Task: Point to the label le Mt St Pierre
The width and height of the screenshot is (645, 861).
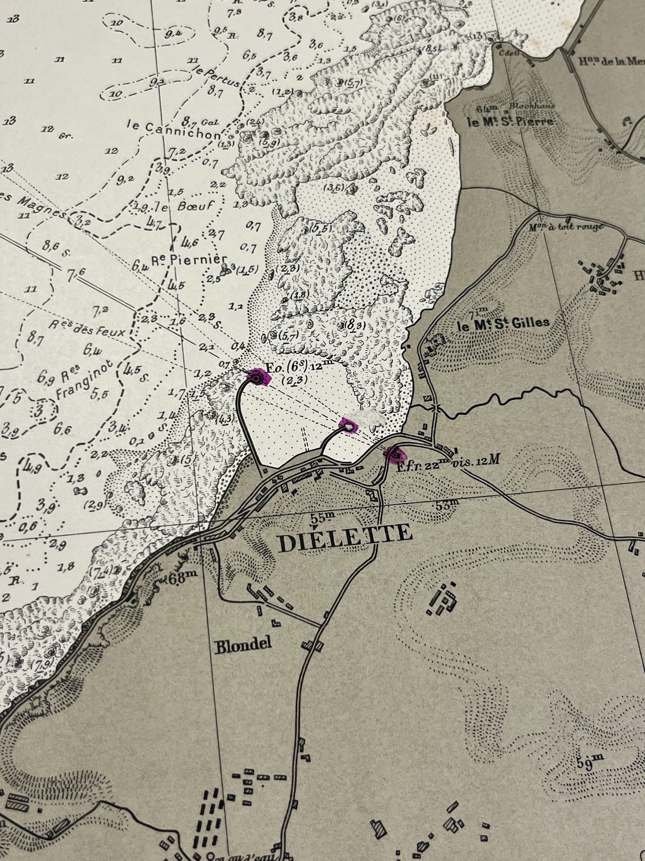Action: pyautogui.click(x=510, y=122)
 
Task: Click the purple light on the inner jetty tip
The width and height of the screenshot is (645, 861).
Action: pyautogui.click(x=349, y=427)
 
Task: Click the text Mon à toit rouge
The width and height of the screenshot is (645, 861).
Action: pyautogui.click(x=566, y=227)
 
